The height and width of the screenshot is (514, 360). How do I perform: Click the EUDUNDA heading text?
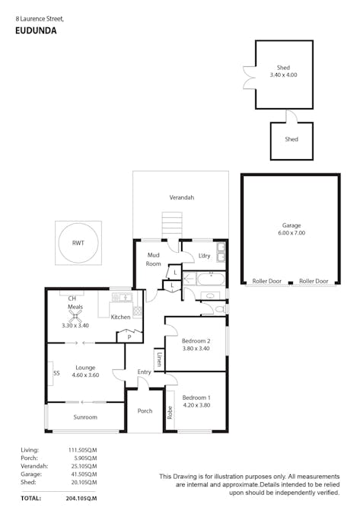(36, 31)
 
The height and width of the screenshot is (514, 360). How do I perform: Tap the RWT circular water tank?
(78, 244)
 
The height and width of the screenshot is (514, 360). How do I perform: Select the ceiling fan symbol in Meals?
(75, 315)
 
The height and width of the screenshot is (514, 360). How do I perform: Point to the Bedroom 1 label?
(196, 397)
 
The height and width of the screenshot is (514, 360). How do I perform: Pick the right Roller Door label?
(314, 281)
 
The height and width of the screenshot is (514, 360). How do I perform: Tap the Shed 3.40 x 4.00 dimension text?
(283, 75)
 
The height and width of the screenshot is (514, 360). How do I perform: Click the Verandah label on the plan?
(181, 197)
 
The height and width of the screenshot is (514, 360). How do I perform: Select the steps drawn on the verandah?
(172, 226)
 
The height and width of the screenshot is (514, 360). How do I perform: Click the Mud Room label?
(154, 260)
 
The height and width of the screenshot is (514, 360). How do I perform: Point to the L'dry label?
(203, 255)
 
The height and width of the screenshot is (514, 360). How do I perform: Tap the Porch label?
(145, 411)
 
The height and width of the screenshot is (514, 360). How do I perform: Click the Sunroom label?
(85, 417)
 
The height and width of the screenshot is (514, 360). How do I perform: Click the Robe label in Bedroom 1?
(170, 413)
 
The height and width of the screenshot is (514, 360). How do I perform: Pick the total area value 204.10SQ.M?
(81, 497)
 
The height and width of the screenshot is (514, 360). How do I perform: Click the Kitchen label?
(120, 317)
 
